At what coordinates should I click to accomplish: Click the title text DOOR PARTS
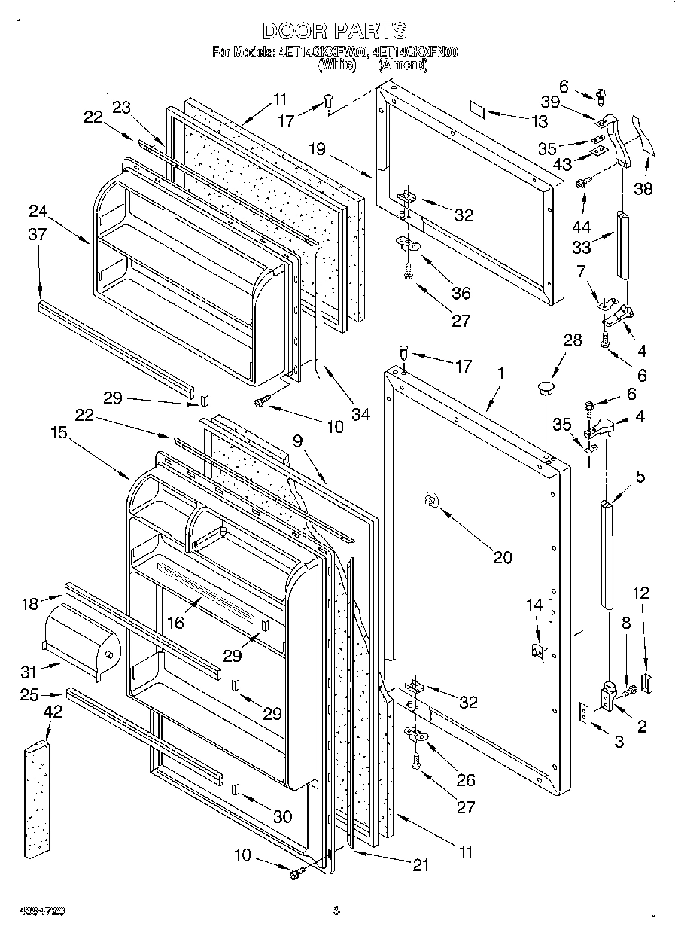click(x=335, y=30)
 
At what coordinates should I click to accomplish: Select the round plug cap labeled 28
click(x=544, y=389)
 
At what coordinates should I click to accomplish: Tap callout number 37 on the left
click(x=37, y=235)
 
